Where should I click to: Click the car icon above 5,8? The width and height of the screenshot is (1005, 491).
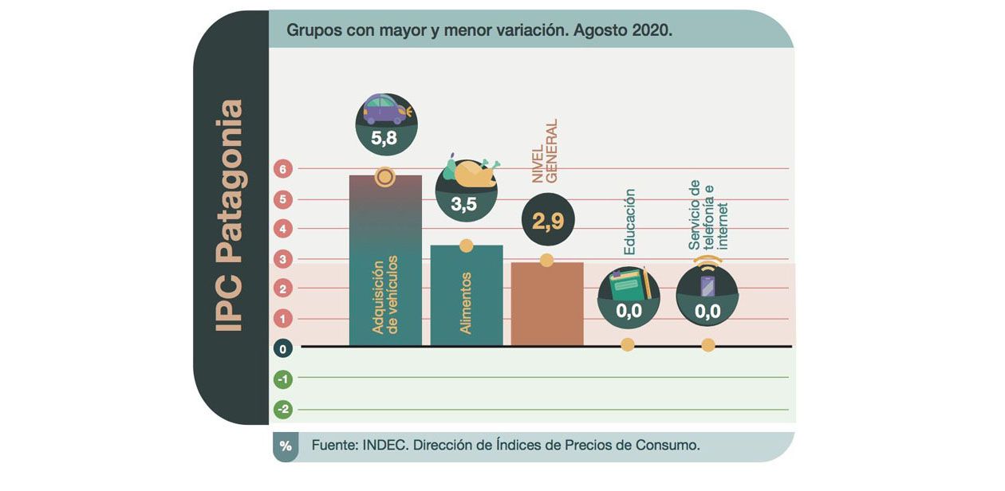click(385, 109)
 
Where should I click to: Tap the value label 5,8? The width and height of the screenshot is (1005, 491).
click(384, 139)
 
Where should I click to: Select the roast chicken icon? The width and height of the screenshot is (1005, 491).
click(471, 174)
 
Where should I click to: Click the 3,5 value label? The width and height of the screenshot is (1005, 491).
click(463, 204)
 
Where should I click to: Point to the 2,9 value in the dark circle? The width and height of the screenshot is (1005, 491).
click(547, 222)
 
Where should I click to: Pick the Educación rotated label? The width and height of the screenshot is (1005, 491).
click(629, 222)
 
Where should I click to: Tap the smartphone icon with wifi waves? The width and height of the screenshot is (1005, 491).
click(707, 283)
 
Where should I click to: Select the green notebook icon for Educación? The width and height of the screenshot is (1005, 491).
click(628, 284)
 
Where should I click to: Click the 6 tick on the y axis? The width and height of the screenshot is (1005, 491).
click(282, 169)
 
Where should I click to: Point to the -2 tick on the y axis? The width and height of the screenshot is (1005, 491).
click(282, 409)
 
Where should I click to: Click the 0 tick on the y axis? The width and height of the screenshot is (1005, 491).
click(282, 348)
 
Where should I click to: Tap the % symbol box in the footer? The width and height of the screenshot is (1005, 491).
click(286, 446)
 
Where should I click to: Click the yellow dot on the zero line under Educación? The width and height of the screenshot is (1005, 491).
click(628, 345)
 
